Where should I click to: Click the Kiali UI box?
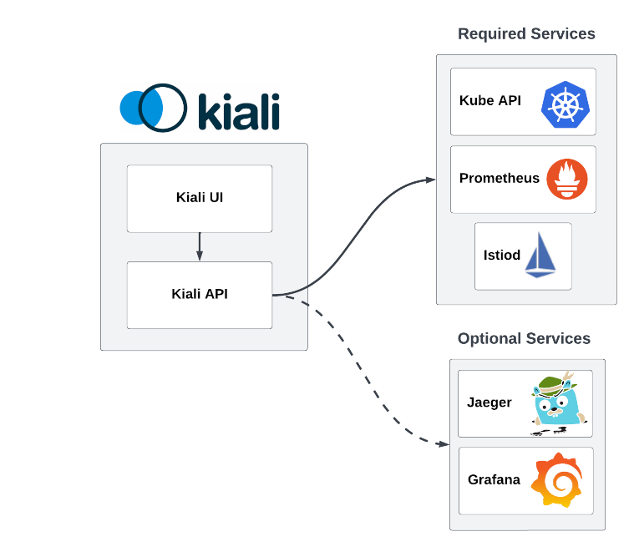click(200, 198)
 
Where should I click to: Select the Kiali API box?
click(200, 294)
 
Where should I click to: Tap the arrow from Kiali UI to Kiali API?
click(200, 246)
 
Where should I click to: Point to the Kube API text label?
click(490, 100)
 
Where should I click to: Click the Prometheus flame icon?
click(567, 178)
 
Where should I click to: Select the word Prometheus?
click(500, 178)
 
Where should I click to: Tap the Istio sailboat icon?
click(540, 255)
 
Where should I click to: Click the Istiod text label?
click(502, 255)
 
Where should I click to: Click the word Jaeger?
click(489, 403)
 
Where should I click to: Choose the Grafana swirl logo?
click(557, 480)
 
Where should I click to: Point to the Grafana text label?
click(494, 479)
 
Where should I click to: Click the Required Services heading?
click(526, 33)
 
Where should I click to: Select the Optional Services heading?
click(524, 338)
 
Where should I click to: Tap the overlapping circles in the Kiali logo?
click(153, 108)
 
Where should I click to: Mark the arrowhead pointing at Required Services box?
click(431, 180)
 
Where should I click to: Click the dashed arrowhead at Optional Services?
click(444, 443)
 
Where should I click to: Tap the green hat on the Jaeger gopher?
click(551, 384)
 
